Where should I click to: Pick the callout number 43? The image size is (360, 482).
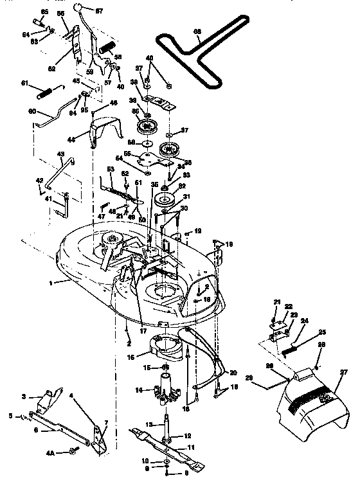coord(62,154)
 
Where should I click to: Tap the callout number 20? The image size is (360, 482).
coord(232,372)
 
